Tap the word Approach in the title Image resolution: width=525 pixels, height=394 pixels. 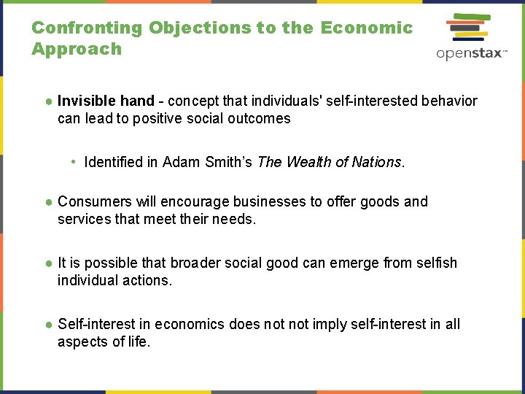click(77, 50)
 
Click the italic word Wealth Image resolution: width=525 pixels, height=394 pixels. click(308, 162)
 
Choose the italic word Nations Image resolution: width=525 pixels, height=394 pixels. click(377, 162)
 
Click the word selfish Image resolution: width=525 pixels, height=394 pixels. click(435, 263)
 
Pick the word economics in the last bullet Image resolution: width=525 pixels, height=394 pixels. click(191, 324)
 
